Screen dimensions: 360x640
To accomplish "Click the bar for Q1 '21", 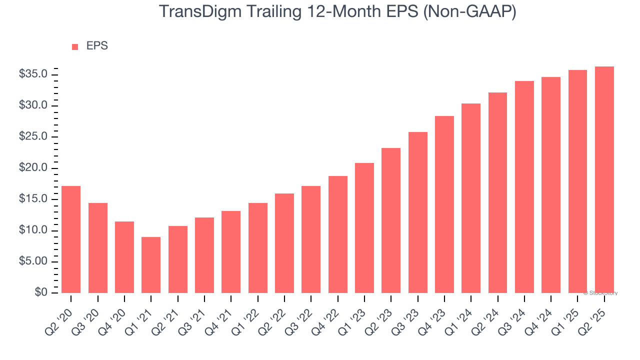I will click(x=151, y=265).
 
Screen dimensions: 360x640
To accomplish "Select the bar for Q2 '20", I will click(x=71, y=239).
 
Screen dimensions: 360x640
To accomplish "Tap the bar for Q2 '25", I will click(x=604, y=180).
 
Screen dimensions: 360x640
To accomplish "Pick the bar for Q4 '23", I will click(x=444, y=204).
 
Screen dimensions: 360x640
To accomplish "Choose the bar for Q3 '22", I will click(x=311, y=239).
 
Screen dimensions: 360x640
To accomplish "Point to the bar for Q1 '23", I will click(x=364, y=228).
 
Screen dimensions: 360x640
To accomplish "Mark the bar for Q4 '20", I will click(x=124, y=257).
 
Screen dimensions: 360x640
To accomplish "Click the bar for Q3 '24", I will click(x=524, y=187).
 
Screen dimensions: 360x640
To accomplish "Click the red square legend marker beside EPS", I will click(x=75, y=46).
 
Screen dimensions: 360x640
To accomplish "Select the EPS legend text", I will click(x=97, y=46).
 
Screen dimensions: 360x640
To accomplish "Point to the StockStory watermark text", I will click(x=600, y=293).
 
